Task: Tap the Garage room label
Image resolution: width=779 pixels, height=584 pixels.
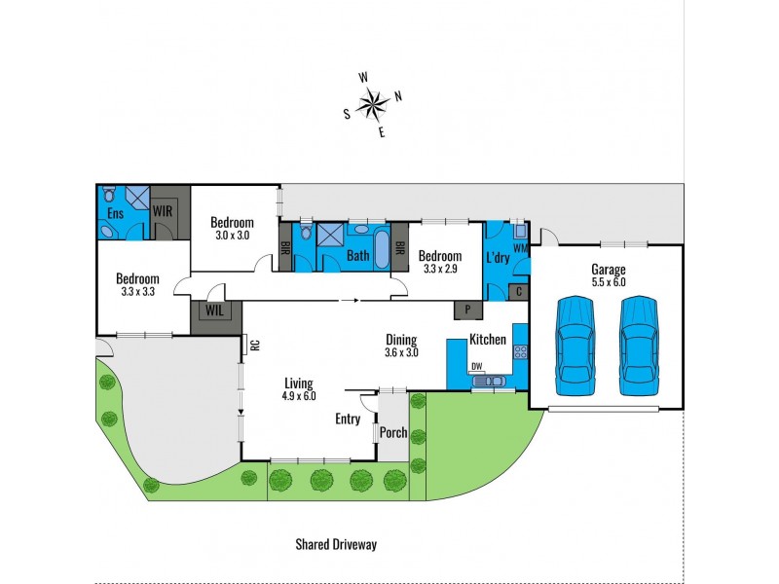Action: click(608, 270)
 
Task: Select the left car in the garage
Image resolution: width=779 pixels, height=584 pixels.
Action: click(575, 346)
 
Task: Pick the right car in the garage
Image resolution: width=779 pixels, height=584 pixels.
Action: click(640, 346)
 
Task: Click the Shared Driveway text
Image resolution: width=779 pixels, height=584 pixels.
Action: click(335, 545)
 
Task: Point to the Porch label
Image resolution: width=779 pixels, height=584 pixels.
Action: click(392, 433)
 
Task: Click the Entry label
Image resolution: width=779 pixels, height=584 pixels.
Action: click(348, 420)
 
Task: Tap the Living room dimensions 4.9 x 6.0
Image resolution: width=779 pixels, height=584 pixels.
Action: click(300, 396)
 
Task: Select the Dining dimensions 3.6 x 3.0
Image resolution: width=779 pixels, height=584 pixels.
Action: click(400, 352)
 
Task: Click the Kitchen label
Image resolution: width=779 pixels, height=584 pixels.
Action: click(488, 340)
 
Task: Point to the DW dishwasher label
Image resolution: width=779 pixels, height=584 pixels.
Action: click(476, 367)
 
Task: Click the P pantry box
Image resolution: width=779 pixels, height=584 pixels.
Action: click(468, 310)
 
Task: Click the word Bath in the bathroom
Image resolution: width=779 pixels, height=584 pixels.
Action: click(357, 257)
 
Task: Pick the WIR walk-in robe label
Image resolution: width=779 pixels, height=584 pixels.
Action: click(163, 210)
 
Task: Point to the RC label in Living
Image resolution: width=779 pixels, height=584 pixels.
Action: click(253, 344)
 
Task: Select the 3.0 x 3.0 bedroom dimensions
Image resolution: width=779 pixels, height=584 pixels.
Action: click(232, 235)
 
